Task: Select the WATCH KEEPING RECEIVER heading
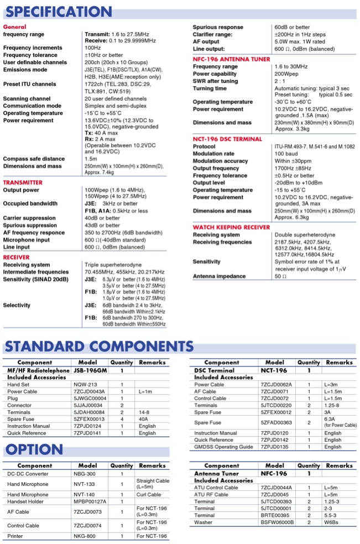click(231, 227)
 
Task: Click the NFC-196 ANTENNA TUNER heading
click(231, 59)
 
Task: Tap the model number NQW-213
click(85, 384)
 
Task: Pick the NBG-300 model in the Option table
click(85, 474)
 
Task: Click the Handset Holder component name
click(27, 501)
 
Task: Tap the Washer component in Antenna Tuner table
click(203, 522)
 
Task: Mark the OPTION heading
click(34, 449)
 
